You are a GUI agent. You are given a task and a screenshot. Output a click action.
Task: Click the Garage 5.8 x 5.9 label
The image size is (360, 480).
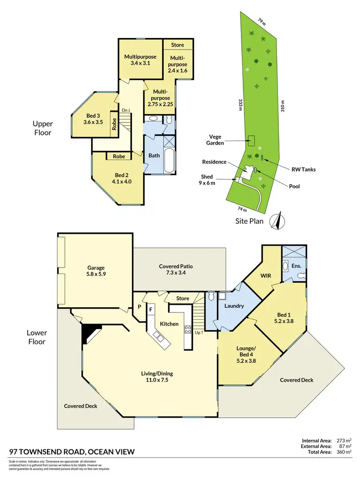tap(96, 271)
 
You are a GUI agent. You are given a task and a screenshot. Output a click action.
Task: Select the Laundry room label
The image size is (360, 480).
tap(234, 306)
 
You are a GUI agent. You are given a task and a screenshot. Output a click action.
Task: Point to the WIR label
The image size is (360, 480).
tap(266, 276)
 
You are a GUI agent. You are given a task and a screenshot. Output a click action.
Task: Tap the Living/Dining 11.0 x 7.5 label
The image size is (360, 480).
tap(156, 377)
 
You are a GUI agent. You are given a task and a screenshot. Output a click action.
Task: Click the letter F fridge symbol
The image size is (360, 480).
tap(150, 310)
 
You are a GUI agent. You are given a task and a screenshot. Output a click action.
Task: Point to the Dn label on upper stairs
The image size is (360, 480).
tap(126, 110)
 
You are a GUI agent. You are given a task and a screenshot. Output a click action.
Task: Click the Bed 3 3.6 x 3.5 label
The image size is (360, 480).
tap(93, 119)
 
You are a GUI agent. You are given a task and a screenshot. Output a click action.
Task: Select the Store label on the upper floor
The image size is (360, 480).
tap(178, 45)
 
